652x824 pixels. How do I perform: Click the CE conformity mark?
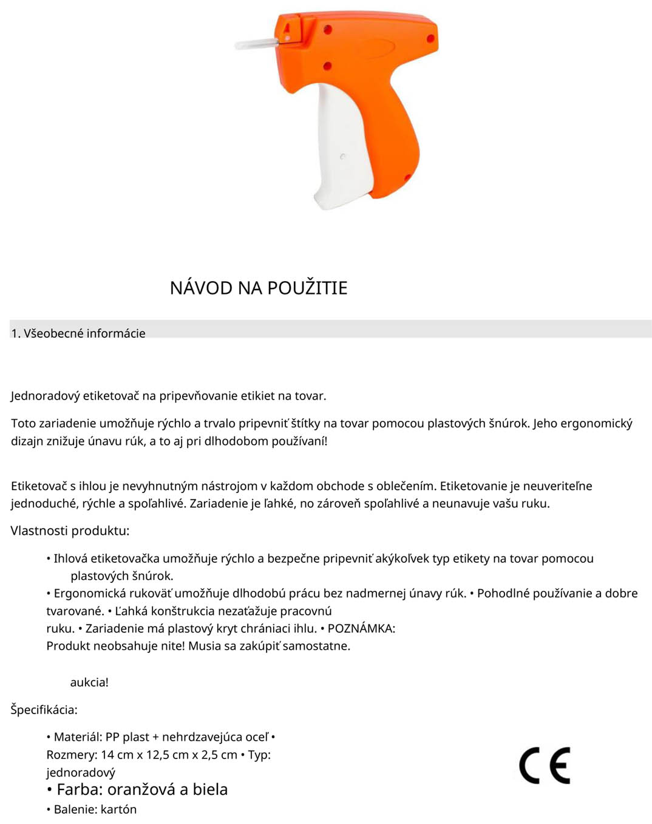544,765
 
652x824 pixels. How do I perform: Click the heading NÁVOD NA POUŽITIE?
259,288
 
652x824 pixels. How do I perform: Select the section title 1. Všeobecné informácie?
78,333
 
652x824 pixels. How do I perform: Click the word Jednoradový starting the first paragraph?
46,396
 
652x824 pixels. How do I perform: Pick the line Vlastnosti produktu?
70,531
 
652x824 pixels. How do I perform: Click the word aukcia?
89,682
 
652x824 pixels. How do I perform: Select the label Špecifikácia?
44,709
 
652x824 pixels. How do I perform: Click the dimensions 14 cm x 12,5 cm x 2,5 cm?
169,755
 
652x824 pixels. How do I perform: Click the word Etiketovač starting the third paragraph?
39,486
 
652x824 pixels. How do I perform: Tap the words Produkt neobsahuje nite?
115,646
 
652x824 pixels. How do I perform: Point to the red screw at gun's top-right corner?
430,38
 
